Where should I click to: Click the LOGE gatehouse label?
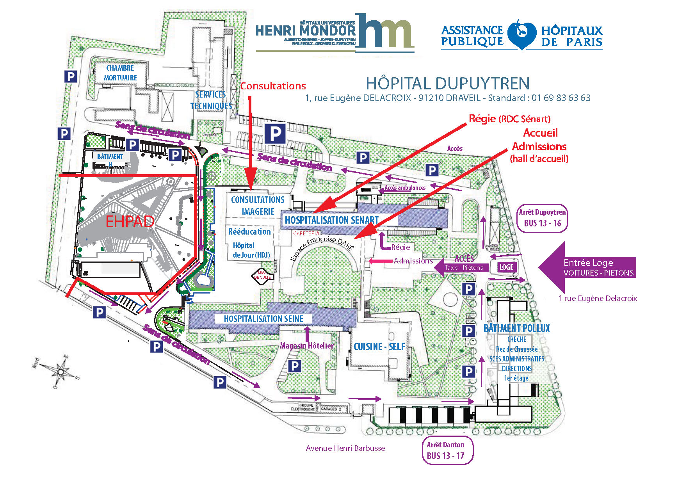click(x=506, y=267)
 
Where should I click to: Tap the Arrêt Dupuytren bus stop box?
click(x=542, y=218)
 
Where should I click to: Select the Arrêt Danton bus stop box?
click(x=447, y=450)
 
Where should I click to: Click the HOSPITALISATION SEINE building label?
click(x=263, y=319)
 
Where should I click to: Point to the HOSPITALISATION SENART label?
click(x=332, y=220)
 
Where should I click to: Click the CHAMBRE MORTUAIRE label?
click(x=120, y=73)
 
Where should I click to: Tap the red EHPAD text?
click(x=130, y=222)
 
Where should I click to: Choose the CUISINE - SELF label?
click(x=379, y=347)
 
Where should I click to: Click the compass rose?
click(x=61, y=371)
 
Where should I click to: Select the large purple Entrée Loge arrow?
click(x=587, y=268)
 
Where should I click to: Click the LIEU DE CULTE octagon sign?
click(x=262, y=275)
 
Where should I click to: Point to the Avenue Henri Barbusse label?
click(x=345, y=448)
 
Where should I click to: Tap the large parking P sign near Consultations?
click(x=275, y=134)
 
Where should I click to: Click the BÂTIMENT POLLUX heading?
click(x=516, y=328)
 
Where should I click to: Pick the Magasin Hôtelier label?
click(x=307, y=346)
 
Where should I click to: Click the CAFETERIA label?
click(x=306, y=233)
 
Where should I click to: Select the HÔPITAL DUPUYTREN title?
click(x=447, y=84)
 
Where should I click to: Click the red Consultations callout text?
click(x=273, y=86)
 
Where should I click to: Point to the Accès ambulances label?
click(x=405, y=188)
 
